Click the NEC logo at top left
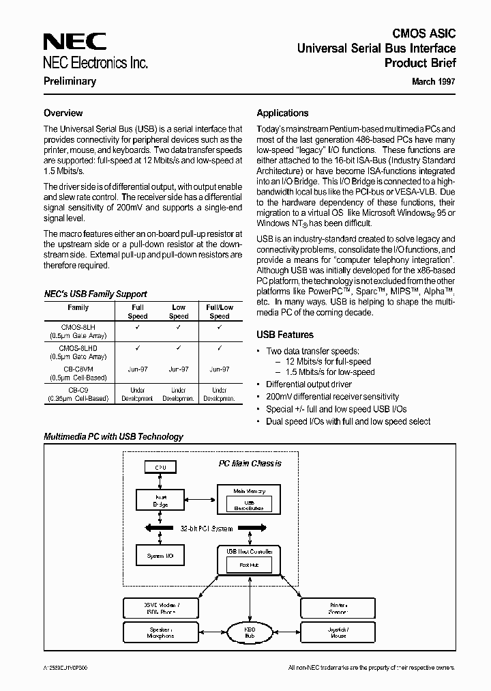click(75, 42)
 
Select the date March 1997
click(434, 81)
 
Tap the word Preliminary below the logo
click(70, 81)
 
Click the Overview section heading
click(63, 113)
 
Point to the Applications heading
click(282, 113)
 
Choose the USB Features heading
click(285, 335)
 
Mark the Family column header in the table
click(78, 308)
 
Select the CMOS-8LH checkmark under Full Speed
click(138, 327)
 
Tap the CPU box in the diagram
click(160, 468)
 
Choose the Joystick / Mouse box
click(338, 632)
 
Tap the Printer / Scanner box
click(338, 608)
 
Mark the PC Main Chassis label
click(250, 464)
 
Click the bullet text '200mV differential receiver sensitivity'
click(332, 397)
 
